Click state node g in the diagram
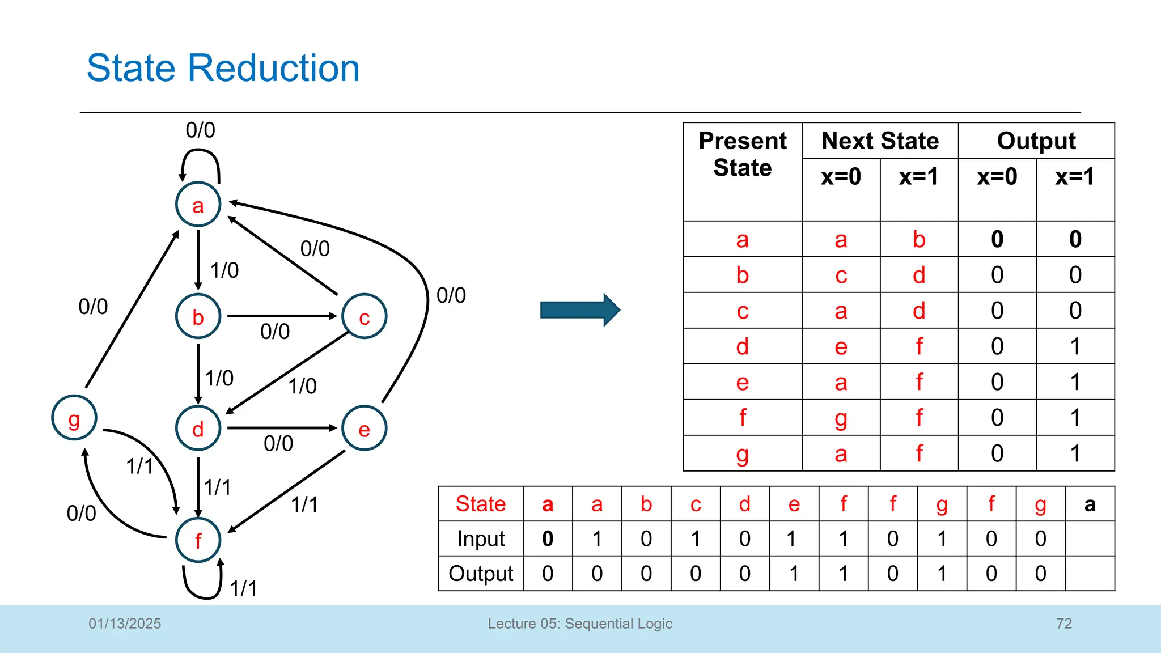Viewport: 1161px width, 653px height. (x=74, y=418)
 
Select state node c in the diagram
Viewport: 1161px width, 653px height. (x=365, y=316)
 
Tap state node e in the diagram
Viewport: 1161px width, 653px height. (x=365, y=429)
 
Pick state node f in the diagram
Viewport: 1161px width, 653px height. (x=198, y=540)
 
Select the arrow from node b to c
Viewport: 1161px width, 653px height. (x=282, y=316)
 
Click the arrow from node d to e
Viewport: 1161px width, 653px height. (x=282, y=428)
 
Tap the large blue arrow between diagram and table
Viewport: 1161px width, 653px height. (x=580, y=310)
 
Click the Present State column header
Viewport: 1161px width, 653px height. (x=742, y=154)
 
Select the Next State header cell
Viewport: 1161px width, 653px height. (x=880, y=141)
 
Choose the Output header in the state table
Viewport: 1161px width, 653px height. (x=1036, y=141)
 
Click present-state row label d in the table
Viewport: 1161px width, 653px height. (x=742, y=346)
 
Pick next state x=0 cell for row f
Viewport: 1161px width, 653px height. (x=841, y=418)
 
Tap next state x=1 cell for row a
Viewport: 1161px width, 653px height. (x=919, y=239)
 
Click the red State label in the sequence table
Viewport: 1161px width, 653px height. (x=480, y=504)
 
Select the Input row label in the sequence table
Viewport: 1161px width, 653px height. (x=480, y=538)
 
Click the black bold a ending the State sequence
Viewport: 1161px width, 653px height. (x=1090, y=504)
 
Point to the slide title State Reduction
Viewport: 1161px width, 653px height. (x=223, y=68)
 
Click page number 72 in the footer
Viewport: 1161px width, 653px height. (x=1064, y=624)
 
